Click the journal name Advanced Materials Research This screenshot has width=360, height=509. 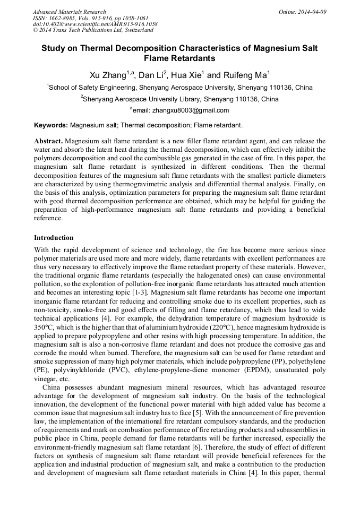pos(69,12)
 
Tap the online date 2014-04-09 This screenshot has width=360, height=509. pos(311,12)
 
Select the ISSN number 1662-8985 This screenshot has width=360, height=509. pos(63,18)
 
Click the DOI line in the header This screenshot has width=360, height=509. pos(95,24)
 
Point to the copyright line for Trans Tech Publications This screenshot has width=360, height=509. pos(93,30)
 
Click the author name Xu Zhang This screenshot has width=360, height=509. pos(105,74)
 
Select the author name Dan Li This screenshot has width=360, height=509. pos(152,74)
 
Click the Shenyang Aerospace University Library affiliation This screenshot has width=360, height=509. pos(181,99)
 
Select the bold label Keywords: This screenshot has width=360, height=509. pos(51,126)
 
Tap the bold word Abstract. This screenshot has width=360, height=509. pos(48,141)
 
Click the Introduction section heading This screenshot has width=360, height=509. pos(54,237)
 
